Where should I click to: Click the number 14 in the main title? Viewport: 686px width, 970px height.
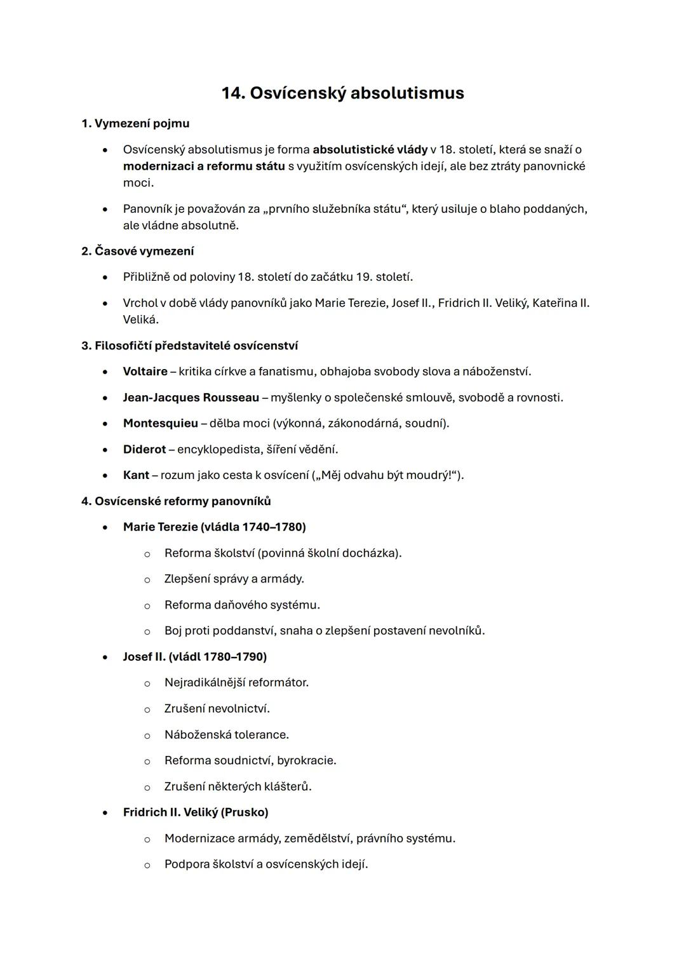232,93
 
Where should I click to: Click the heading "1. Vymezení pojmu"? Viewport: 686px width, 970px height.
135,123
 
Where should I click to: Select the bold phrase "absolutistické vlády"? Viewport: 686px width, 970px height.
370,150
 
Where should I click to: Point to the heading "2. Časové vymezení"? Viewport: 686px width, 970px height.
138,251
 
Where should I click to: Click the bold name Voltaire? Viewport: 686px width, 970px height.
145,372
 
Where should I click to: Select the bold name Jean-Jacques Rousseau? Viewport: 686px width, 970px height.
191,398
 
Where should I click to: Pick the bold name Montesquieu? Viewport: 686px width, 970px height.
160,424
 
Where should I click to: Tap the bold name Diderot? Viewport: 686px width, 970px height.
144,450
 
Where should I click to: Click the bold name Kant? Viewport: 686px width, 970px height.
136,475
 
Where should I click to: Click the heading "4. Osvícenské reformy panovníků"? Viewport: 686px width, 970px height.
176,501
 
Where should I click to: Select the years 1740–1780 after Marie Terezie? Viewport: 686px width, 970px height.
272,527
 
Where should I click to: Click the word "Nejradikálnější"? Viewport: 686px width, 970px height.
205,683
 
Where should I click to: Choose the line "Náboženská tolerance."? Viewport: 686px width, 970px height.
226,735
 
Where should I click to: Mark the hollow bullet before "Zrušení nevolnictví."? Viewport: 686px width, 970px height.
147,710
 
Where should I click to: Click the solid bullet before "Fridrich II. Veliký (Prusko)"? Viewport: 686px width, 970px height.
105,813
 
